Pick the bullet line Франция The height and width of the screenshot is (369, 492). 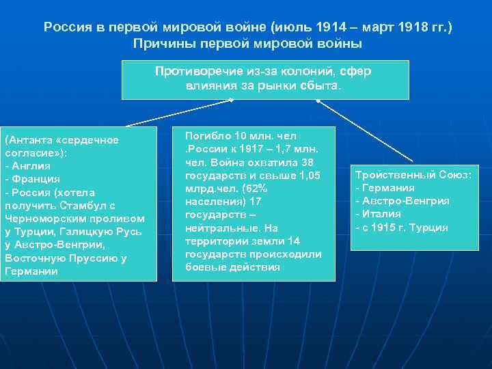coord(31,179)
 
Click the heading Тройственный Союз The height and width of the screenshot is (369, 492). coord(413,175)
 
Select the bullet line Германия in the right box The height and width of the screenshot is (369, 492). coord(388,188)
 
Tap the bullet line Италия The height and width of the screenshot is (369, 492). coord(381,214)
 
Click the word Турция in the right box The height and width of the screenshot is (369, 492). coord(428,228)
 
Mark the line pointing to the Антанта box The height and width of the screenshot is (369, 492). coord(178,113)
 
